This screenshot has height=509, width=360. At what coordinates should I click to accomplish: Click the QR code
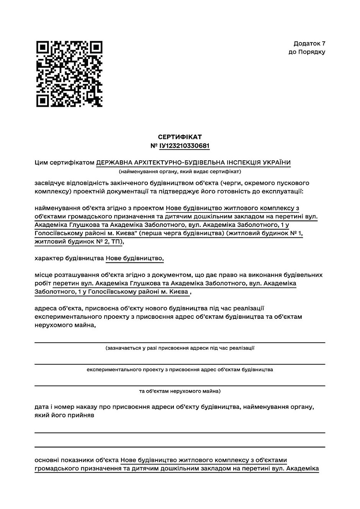coord(69,74)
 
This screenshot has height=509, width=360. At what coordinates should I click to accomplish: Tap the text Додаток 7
coord(309,44)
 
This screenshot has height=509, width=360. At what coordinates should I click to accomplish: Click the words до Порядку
coord(307,52)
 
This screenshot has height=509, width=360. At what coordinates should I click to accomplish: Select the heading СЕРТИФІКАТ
coord(180,137)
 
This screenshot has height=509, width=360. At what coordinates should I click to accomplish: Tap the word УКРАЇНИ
coord(277,163)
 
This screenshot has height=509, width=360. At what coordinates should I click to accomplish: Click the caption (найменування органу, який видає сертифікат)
coord(180,171)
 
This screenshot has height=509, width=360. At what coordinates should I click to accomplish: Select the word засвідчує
coord(49,183)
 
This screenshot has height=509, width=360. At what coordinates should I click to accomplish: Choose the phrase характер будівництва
coord(69,258)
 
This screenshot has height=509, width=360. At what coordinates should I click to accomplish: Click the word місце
coord(43,275)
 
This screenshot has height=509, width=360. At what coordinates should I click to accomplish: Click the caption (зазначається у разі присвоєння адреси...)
coord(180,348)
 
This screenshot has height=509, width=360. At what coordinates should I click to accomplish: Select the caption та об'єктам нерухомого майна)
coord(180,391)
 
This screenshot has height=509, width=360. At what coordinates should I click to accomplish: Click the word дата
coord(41,406)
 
